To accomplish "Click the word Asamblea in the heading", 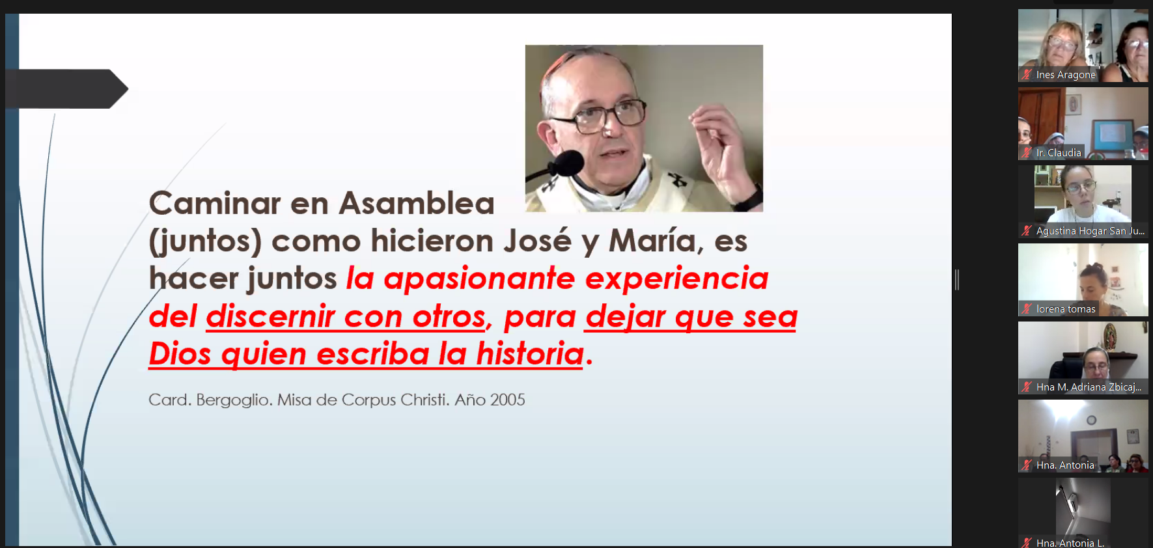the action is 417,203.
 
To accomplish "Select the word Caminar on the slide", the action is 214,203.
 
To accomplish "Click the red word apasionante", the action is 479,279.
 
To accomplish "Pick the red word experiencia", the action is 676,279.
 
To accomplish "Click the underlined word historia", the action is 530,354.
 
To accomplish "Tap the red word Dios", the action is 180,354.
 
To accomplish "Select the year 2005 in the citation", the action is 507,400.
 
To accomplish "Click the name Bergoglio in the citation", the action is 233,400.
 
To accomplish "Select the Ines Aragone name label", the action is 1066,75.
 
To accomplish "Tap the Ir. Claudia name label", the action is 1059,153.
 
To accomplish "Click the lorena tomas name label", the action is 1066,309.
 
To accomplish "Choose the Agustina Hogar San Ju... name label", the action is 1090,231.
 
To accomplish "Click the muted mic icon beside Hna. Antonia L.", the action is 1027,543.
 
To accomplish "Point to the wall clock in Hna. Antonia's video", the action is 1091,420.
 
